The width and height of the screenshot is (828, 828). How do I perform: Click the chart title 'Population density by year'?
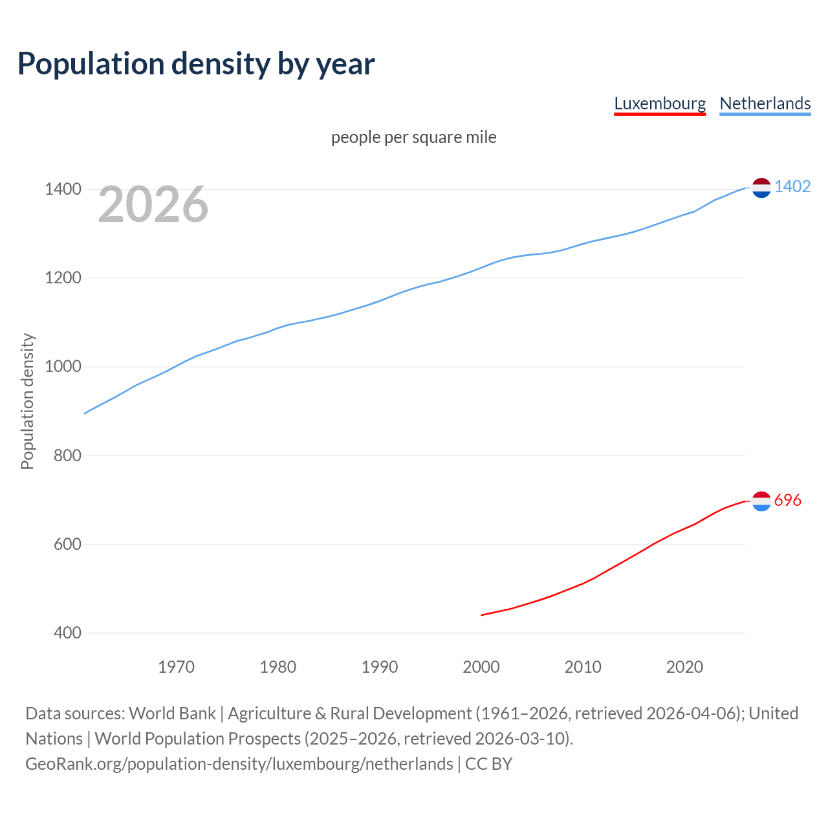click(x=196, y=64)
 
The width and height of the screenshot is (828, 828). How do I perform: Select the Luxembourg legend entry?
click(x=660, y=103)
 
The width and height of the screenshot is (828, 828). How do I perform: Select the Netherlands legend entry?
click(x=765, y=103)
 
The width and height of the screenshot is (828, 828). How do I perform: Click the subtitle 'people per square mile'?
click(x=414, y=138)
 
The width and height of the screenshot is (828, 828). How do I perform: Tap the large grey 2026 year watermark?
click(x=153, y=204)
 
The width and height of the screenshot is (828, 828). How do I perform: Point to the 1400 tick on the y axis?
click(x=63, y=190)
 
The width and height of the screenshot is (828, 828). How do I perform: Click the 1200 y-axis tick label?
click(x=63, y=278)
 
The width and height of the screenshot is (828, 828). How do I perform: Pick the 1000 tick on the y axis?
click(x=63, y=367)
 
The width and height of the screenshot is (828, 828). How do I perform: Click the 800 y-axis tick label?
click(x=67, y=455)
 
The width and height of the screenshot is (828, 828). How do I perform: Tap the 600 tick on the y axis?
click(x=67, y=544)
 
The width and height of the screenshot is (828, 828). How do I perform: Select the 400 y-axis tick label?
click(x=67, y=633)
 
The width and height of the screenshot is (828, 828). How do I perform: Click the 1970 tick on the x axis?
click(x=176, y=667)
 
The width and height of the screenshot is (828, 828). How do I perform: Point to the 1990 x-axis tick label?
click(x=380, y=667)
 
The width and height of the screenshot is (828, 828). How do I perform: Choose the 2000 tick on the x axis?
click(x=481, y=667)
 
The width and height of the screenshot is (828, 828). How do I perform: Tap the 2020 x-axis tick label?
click(x=684, y=667)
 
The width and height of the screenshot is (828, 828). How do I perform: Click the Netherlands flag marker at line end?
click(x=761, y=188)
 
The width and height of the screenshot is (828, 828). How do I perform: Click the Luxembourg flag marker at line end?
click(x=761, y=501)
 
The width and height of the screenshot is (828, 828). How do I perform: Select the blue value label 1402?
click(x=792, y=187)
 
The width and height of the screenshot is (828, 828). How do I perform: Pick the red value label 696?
click(x=787, y=501)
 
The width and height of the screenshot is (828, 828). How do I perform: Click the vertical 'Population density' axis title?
click(x=27, y=401)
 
